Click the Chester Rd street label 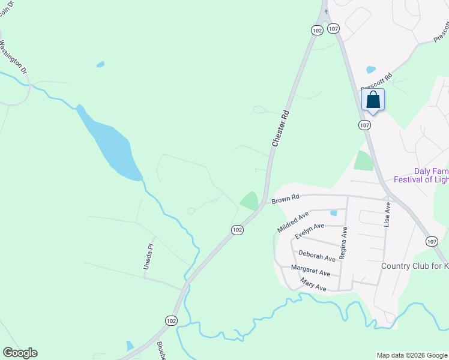tap(280, 128)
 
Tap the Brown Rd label tap(285, 198)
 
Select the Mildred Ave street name tap(293, 221)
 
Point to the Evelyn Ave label tap(309, 230)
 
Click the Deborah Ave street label tap(317, 256)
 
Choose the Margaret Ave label tap(310, 271)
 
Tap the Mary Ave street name tap(313, 285)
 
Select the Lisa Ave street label tap(388, 213)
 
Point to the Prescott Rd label tap(376, 82)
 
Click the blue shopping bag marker tap(373, 100)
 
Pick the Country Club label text tap(415, 266)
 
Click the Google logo tap(20, 353)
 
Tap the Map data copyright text tap(412, 355)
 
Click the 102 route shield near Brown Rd tap(237, 230)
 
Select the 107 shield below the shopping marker tap(364, 125)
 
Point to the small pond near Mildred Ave tap(334, 212)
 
